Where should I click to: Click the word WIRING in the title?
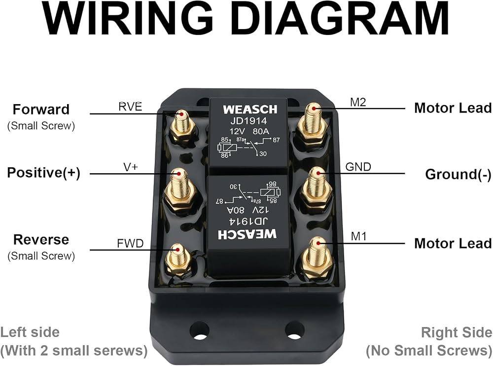click(x=127, y=18)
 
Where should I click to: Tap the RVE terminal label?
click(x=130, y=107)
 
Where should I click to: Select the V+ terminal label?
click(x=131, y=167)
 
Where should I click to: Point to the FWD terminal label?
click(x=130, y=243)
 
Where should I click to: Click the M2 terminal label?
click(x=358, y=102)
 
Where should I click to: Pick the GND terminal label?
click(x=358, y=167)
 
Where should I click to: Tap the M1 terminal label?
click(x=358, y=236)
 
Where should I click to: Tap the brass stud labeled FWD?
click(x=178, y=259)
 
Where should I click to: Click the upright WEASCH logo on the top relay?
click(x=250, y=110)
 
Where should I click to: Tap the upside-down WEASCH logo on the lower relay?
click(x=247, y=234)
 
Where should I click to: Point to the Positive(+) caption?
click(x=44, y=173)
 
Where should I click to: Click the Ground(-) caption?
click(x=458, y=174)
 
